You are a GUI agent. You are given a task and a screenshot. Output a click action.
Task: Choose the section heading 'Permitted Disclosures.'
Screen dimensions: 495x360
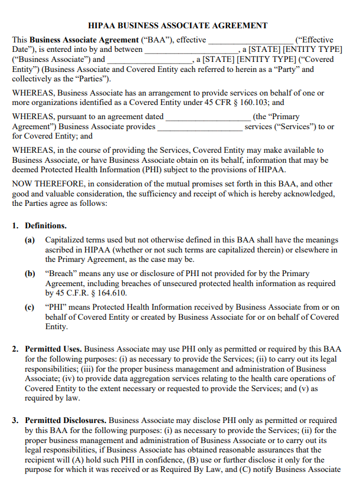point(66,420)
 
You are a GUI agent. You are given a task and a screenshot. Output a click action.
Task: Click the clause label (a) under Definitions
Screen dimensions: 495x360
point(30,240)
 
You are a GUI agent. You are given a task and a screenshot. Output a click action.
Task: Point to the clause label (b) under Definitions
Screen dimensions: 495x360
point(30,274)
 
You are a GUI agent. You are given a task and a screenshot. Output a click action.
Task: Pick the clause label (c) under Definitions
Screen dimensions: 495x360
point(30,307)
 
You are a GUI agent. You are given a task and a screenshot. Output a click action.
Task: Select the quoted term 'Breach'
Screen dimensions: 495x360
point(60,274)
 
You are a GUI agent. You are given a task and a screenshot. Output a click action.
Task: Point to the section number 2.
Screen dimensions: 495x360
point(16,349)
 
